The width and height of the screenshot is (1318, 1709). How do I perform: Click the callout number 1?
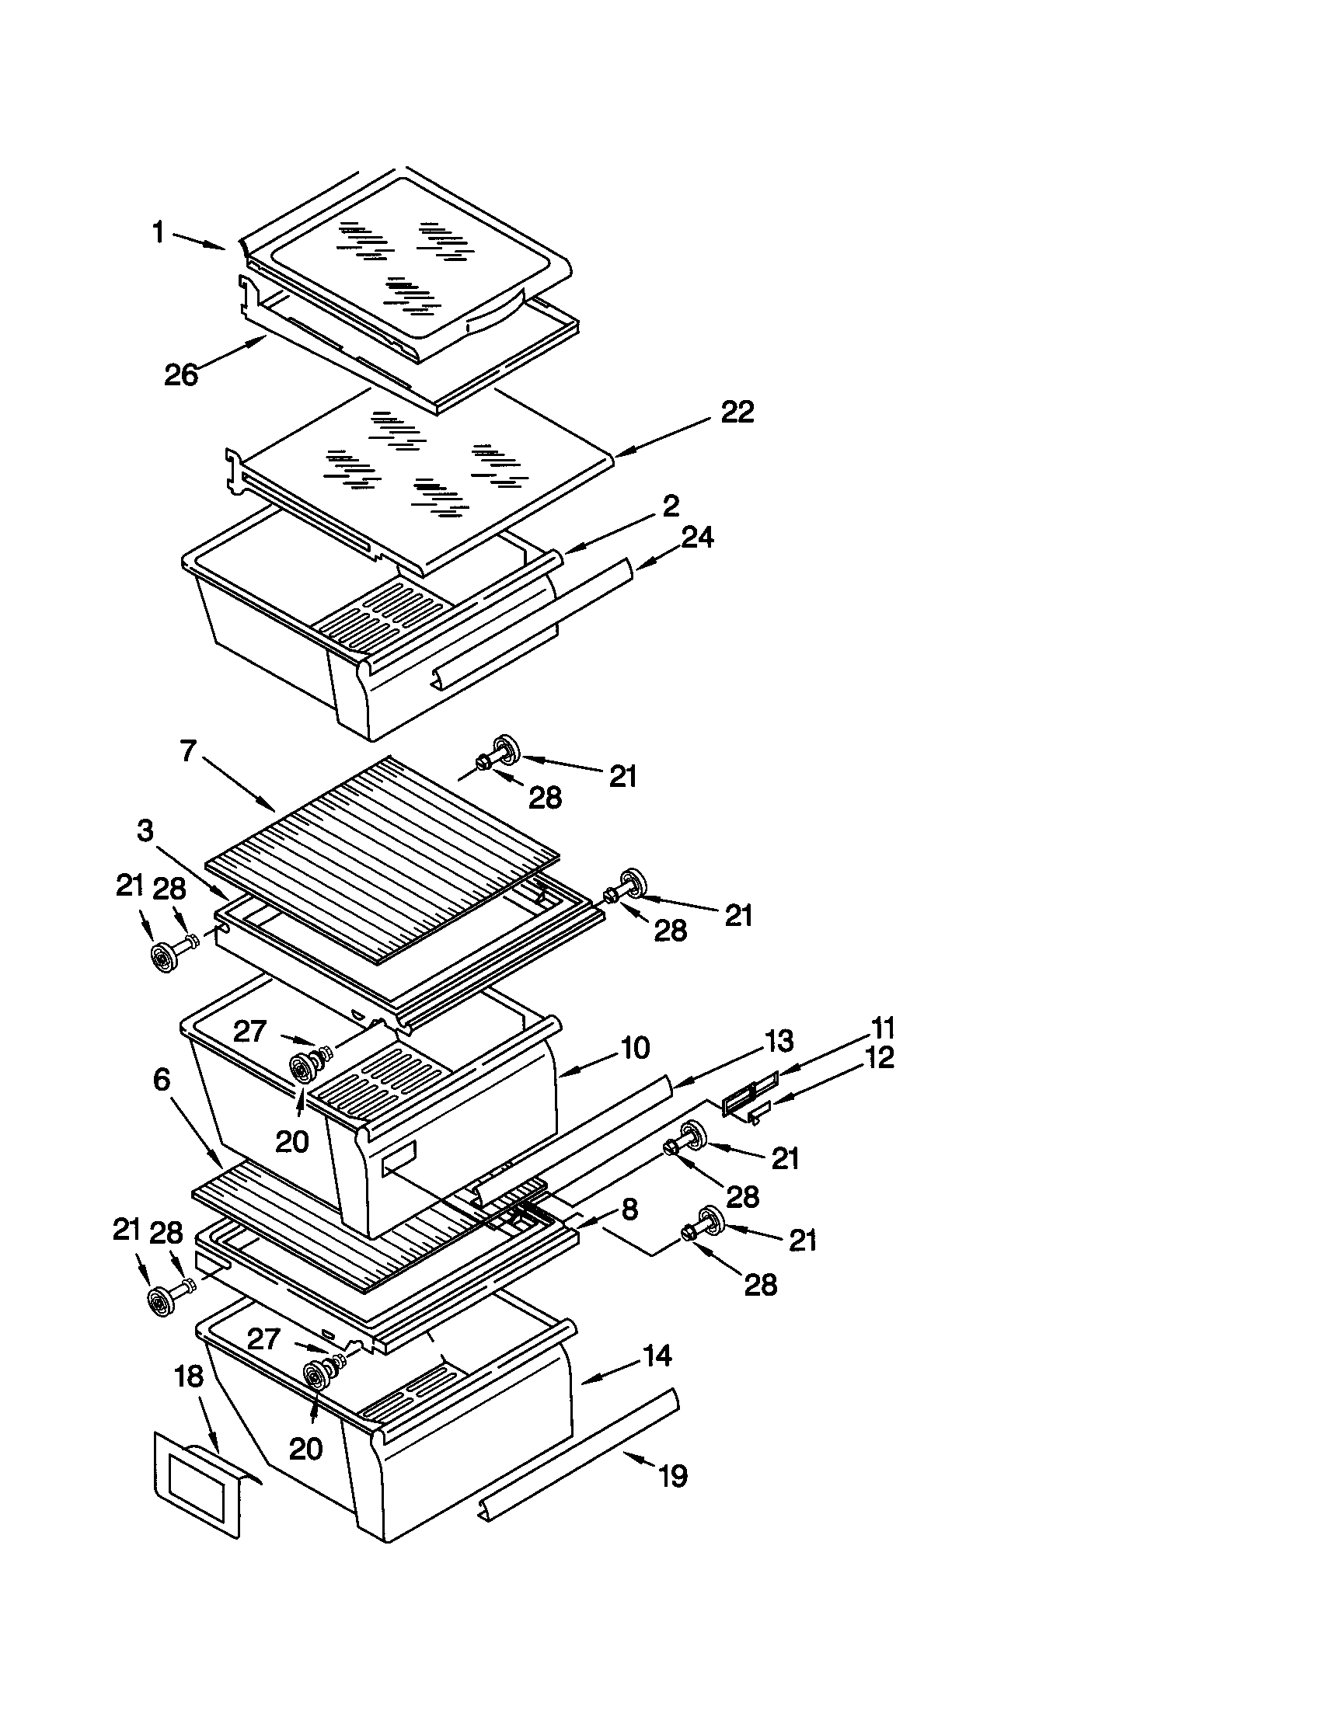pyautogui.click(x=158, y=232)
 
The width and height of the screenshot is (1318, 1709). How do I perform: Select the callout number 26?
pyautogui.click(x=181, y=375)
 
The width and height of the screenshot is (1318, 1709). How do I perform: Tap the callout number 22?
pyautogui.click(x=737, y=412)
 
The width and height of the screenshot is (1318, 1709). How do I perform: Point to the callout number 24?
pyautogui.click(x=696, y=538)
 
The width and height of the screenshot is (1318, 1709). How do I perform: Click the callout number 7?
pyautogui.click(x=187, y=751)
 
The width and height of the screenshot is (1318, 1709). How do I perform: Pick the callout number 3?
pyautogui.click(x=145, y=831)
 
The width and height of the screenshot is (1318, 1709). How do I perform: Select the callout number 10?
pyautogui.click(x=634, y=1048)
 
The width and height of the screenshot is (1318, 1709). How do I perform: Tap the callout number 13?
pyautogui.click(x=778, y=1041)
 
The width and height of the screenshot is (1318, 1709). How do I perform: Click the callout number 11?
pyautogui.click(x=883, y=1028)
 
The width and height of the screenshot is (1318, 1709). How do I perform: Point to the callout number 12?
pyautogui.click(x=880, y=1058)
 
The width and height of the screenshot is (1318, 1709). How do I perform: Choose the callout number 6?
pyautogui.click(x=161, y=1080)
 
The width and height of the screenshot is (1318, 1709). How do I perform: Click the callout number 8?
pyautogui.click(x=629, y=1209)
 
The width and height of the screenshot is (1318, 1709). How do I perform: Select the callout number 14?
pyautogui.click(x=656, y=1356)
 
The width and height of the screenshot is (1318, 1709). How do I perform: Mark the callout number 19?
pyautogui.click(x=671, y=1477)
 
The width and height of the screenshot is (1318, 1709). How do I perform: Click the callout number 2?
pyautogui.click(x=670, y=506)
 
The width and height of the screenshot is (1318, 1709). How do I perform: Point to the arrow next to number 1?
pyautogui.click(x=199, y=241)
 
